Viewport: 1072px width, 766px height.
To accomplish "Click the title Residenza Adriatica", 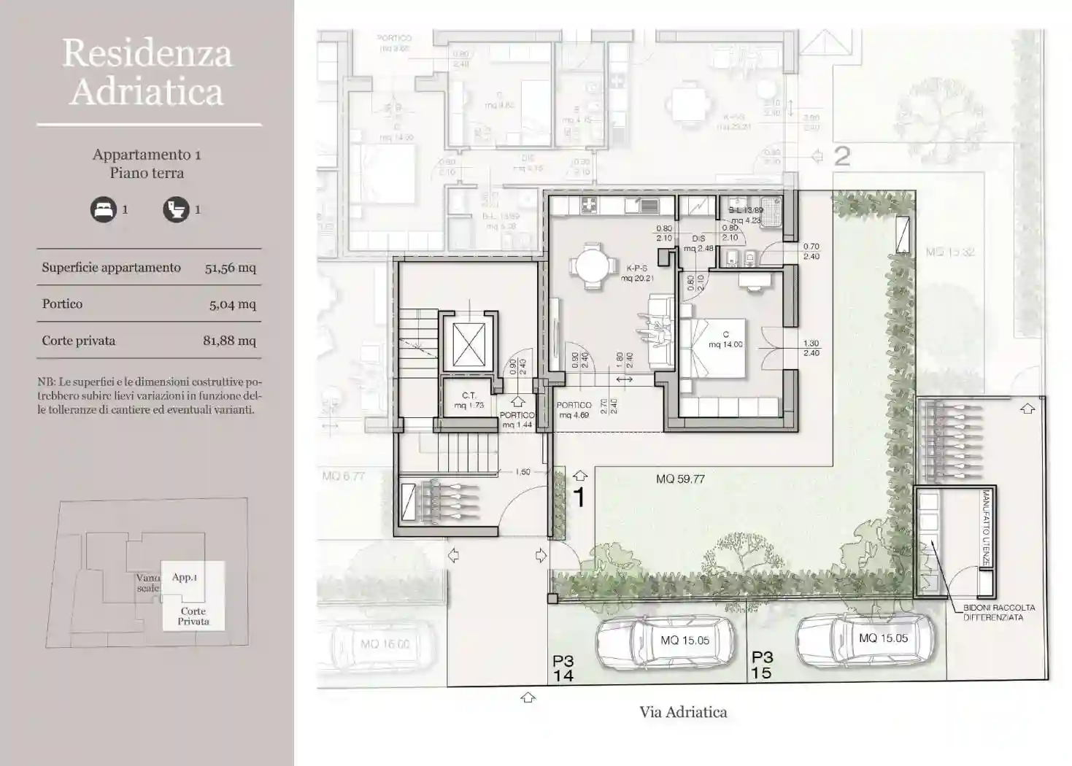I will [147, 72].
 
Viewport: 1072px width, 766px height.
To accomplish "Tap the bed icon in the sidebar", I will [103, 210].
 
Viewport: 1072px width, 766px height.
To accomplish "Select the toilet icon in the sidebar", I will [175, 210].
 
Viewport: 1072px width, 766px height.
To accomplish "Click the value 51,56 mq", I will [230, 268].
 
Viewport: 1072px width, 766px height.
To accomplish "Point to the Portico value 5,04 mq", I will [232, 304].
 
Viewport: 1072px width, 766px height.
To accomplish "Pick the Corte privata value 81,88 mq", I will [229, 341].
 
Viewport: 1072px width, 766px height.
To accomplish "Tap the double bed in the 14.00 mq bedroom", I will [712, 347].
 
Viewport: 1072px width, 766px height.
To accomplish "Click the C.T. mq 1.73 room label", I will [468, 401].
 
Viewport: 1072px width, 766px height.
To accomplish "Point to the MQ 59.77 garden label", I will [680, 479].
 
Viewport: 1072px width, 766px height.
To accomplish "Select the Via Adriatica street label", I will [683, 712].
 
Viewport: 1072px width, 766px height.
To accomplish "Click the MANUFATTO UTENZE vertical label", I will [985, 527].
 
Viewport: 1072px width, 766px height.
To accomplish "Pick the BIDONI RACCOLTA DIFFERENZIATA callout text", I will [998, 612].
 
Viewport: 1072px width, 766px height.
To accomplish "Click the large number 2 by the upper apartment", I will [841, 156].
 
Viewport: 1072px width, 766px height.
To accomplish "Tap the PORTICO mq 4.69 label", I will [574, 410].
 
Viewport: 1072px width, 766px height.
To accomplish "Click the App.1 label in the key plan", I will [185, 577].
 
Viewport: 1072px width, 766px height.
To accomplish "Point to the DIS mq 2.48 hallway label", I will [698, 244].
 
